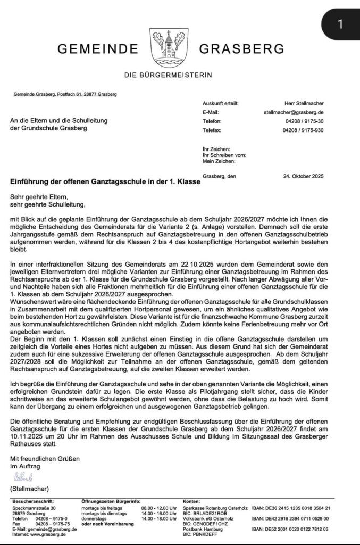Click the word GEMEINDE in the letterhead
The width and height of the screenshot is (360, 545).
tap(98, 49)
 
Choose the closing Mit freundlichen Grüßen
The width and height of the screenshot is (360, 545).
tap(45, 458)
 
